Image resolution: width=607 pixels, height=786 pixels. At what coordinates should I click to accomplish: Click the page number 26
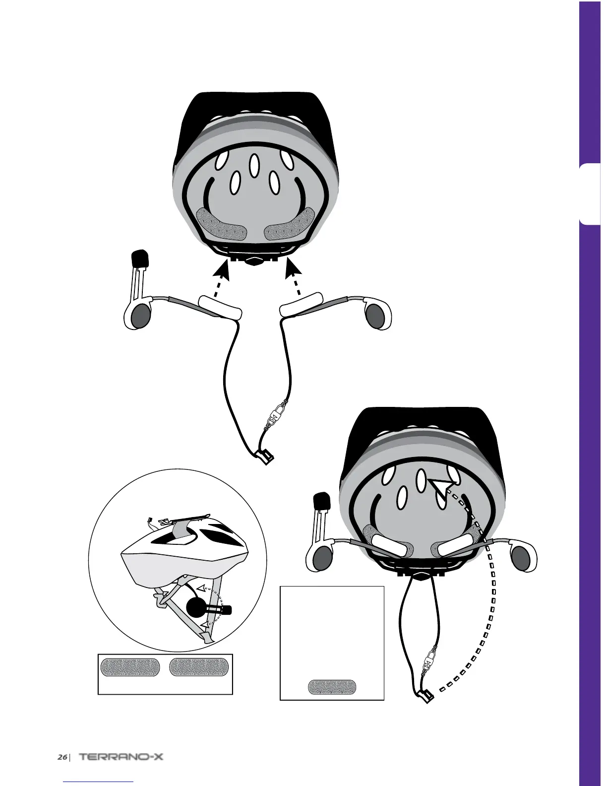(x=62, y=757)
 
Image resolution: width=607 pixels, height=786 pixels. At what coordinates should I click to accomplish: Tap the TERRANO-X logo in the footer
(x=121, y=757)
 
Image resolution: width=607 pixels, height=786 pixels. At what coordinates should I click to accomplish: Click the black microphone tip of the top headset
(x=139, y=259)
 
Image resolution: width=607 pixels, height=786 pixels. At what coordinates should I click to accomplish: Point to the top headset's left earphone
(x=140, y=316)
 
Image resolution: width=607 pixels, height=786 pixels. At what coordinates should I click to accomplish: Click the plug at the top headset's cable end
(x=264, y=455)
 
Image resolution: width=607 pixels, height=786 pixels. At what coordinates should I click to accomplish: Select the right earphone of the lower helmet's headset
(x=521, y=558)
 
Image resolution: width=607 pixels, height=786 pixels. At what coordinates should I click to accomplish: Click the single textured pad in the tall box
(x=332, y=687)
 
